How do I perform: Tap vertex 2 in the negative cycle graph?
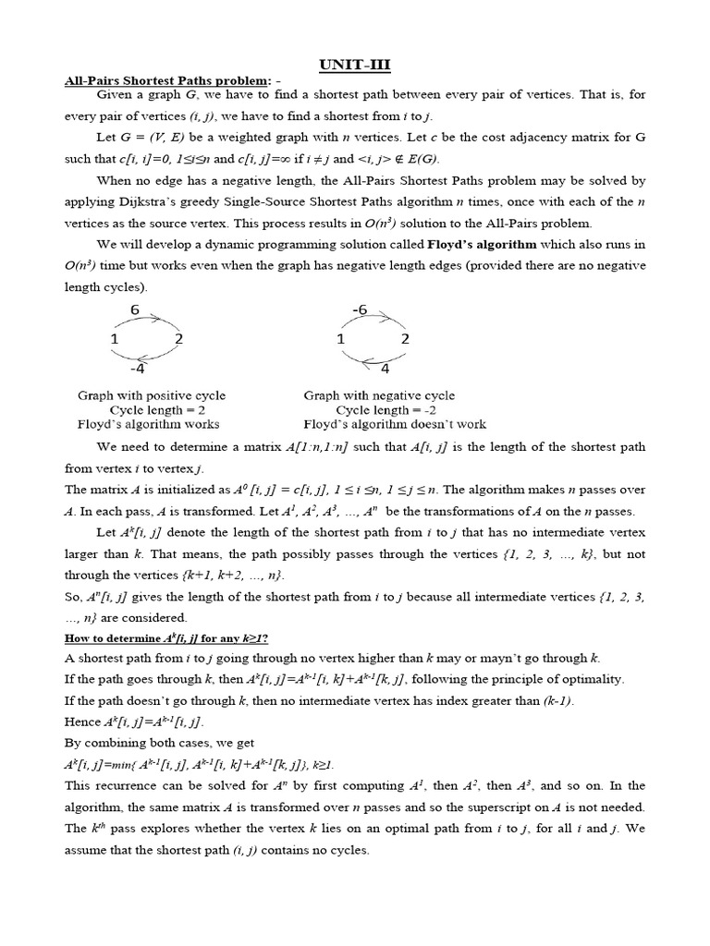(404, 340)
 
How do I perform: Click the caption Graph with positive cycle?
(152, 395)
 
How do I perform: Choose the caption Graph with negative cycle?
(379, 395)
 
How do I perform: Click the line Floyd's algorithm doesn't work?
(395, 425)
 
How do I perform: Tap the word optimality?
(591, 679)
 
